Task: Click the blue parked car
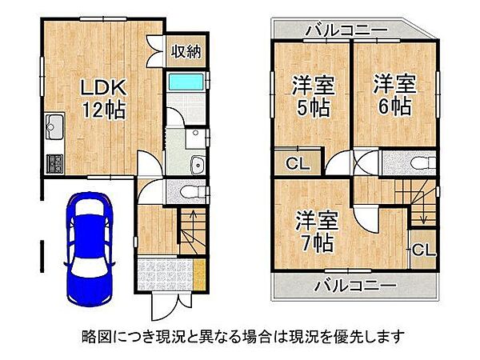90,249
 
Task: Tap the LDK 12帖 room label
103,98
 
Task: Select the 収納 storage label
186,51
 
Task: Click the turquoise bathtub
186,82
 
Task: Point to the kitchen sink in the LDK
54,126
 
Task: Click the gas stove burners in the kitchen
54,164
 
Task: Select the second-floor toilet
422,162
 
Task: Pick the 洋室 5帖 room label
313,97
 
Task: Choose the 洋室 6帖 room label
394,94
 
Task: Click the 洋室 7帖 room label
316,231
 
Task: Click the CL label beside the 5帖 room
298,164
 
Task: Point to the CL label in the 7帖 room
424,250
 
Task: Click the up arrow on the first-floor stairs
193,219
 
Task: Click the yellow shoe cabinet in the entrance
199,274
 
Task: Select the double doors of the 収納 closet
155,51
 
